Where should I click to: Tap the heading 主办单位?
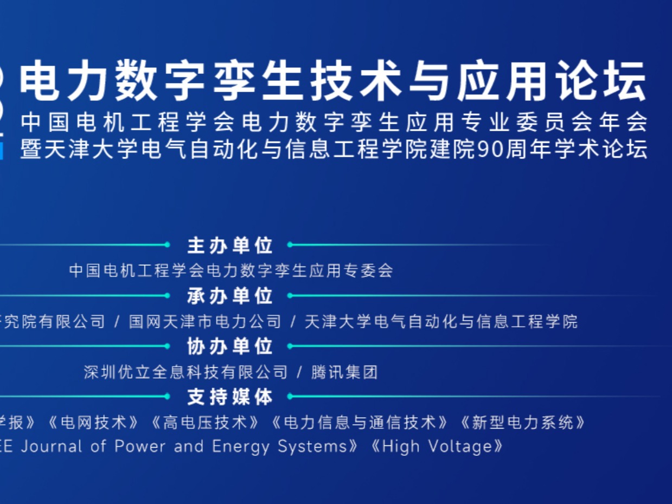point(230,245)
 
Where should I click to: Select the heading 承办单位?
point(230,296)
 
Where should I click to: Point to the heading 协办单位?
point(230,346)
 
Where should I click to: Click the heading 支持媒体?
point(230,397)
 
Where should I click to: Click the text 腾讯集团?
point(344,372)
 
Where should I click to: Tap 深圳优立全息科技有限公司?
point(185,372)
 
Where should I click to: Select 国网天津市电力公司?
point(205,321)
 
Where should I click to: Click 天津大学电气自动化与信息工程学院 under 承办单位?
point(441,321)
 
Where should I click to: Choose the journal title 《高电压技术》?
point(212,423)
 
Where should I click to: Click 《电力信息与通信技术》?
point(360,423)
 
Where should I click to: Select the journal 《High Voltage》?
point(437,447)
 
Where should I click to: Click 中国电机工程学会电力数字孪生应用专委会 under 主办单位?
point(231,270)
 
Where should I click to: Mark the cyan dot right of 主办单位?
point(290,245)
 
